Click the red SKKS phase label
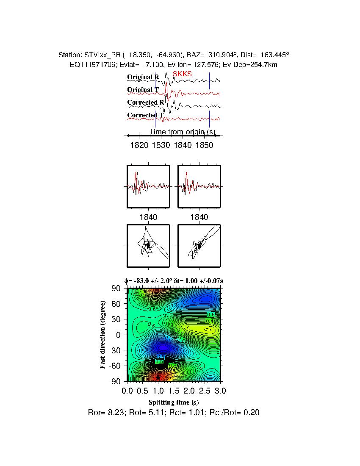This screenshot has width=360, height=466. (182, 74)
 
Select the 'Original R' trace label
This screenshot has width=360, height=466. (143, 77)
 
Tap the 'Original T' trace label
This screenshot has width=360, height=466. (143, 90)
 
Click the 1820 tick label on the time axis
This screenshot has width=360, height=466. (140, 145)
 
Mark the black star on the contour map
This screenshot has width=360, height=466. (158, 377)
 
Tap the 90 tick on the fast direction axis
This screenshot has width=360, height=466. (116, 288)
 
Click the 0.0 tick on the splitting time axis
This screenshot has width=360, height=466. (127, 390)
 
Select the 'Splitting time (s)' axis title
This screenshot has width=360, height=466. (174, 402)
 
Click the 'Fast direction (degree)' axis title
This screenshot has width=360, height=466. (103, 335)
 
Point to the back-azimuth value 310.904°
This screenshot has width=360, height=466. (225, 55)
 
